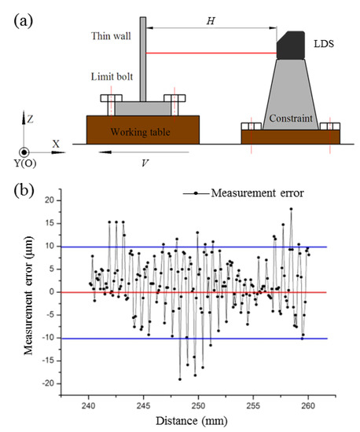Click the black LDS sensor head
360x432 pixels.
(x=290, y=45)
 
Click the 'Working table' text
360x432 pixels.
(x=142, y=129)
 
